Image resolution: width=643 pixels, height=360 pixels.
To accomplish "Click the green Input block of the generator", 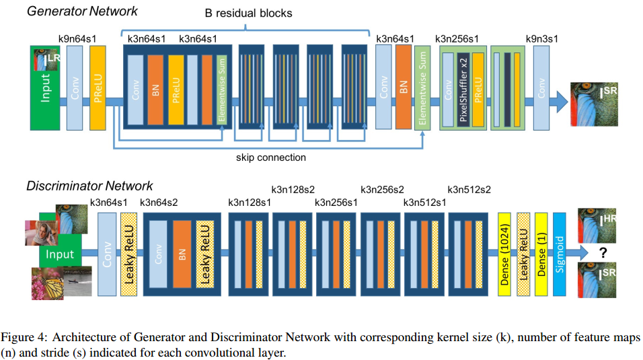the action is (45, 88).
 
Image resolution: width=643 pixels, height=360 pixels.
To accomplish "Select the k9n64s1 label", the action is (77, 39).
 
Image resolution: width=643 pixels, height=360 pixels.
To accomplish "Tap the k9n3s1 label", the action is (541, 39).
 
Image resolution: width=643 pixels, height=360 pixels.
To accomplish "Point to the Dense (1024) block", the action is (504, 254).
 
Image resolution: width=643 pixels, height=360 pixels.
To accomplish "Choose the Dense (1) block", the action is (541, 254).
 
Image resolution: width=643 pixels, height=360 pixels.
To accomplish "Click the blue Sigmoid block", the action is (560, 254).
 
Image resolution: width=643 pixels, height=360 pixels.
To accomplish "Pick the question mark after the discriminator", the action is (603, 252).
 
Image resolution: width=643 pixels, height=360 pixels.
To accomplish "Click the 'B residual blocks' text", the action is (248, 13).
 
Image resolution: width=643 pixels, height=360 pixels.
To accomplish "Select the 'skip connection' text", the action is (270, 157).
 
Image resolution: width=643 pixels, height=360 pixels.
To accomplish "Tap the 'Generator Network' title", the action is (83, 11).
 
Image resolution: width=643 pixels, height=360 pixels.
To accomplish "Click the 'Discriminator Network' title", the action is (89, 186).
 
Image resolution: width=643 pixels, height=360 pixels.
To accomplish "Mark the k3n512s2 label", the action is (469, 190).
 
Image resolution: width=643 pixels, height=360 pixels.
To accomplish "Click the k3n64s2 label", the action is (159, 203).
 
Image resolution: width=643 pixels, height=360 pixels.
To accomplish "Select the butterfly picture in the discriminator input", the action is (48, 283).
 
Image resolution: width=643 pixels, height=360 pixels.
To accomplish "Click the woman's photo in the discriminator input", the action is (42, 233).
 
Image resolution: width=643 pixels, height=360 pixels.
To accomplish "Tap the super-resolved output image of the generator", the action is (594, 104).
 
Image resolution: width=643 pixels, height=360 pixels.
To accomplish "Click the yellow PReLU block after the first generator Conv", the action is (98, 88).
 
